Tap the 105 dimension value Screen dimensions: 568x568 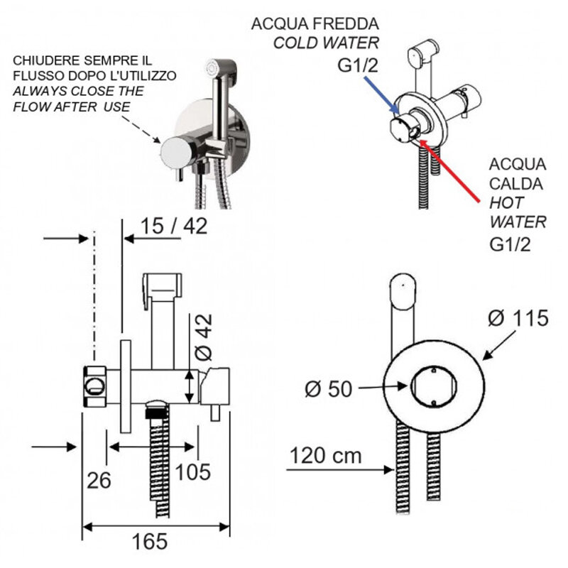point(192,471)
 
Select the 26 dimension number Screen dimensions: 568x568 point(99,480)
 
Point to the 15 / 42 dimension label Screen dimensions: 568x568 point(174,226)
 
